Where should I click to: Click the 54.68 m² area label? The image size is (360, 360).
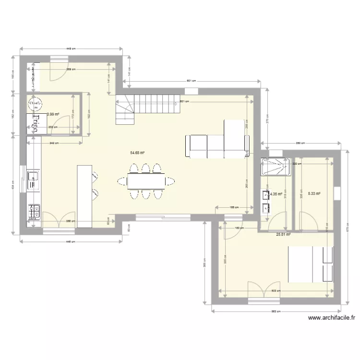tap(137, 153)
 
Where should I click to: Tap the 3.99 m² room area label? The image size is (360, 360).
tap(53, 114)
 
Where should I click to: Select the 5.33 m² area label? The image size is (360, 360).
tap(313, 194)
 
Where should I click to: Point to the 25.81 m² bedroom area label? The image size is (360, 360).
tap(283, 235)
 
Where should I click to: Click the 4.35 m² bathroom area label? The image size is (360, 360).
tap(276, 194)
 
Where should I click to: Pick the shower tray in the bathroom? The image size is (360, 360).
tap(276, 168)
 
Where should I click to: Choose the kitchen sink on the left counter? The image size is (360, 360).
tap(33, 178)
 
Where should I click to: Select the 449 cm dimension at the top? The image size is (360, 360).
tap(71, 48)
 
